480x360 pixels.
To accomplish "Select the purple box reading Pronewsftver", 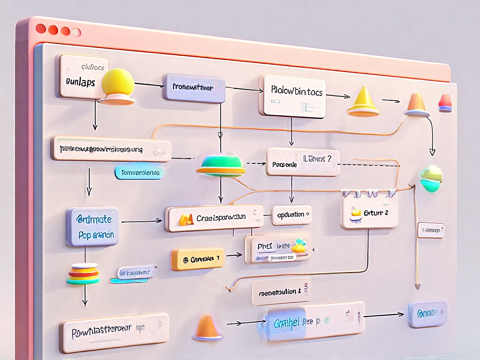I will click(x=194, y=88).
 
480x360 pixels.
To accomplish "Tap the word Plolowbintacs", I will click(x=297, y=92).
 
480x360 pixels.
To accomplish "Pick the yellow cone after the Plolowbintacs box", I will click(x=363, y=101).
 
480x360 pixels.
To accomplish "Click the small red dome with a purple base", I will click(x=444, y=103).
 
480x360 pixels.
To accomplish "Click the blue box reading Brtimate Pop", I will click(x=92, y=226).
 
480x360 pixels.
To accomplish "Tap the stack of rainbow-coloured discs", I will click(x=83, y=274).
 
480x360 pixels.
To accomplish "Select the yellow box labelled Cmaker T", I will click(x=197, y=259).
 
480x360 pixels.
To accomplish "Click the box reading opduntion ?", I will click(x=292, y=215).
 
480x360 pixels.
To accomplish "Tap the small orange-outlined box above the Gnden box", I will click(x=431, y=230).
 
